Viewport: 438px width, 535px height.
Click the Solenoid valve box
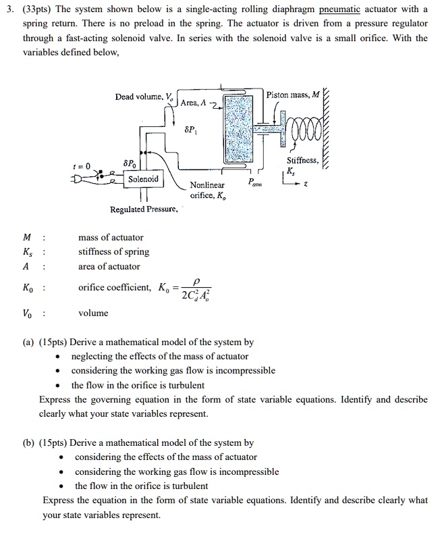(x=143, y=179)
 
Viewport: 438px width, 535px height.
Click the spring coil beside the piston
(x=307, y=128)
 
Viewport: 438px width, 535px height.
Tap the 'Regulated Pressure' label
(x=144, y=209)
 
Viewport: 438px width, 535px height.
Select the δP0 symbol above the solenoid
(x=129, y=163)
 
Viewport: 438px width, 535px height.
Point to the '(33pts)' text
(x=34, y=9)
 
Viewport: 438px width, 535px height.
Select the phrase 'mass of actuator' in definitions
(x=111, y=237)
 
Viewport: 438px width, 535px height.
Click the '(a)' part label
(x=46, y=342)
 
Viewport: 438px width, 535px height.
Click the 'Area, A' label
(x=194, y=102)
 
